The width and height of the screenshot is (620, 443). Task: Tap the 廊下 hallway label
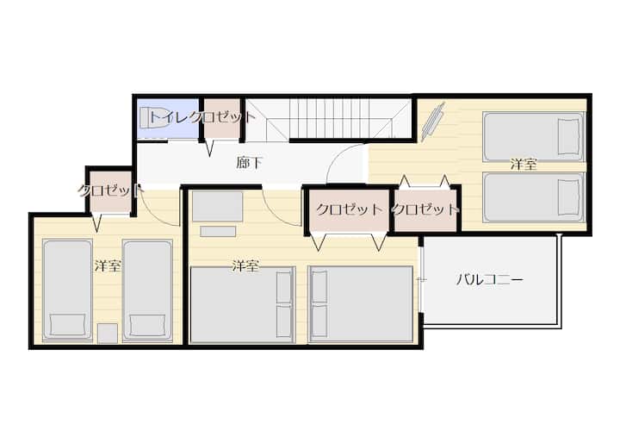coord(249,162)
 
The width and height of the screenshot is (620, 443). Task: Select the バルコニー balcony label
coord(489,280)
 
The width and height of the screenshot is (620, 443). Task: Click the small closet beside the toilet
coord(222,118)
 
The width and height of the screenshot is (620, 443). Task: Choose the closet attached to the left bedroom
coord(110,192)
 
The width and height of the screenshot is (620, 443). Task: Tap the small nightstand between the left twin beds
coord(108,333)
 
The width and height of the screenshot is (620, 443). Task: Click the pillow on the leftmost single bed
coord(68,324)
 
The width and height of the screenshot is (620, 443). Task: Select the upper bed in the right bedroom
coord(533,137)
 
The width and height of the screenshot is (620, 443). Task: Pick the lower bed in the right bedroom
coord(533,197)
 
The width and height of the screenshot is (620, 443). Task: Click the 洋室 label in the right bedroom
coord(524,165)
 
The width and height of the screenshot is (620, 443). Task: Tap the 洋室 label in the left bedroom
coord(108,265)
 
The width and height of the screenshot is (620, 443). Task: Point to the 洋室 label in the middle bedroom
coord(245,265)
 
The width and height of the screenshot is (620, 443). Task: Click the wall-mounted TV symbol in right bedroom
coord(433,122)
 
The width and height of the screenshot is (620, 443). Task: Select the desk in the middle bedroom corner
coord(218,206)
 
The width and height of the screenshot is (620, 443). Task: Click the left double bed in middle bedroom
coord(243,304)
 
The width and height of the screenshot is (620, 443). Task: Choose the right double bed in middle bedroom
coord(361,304)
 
